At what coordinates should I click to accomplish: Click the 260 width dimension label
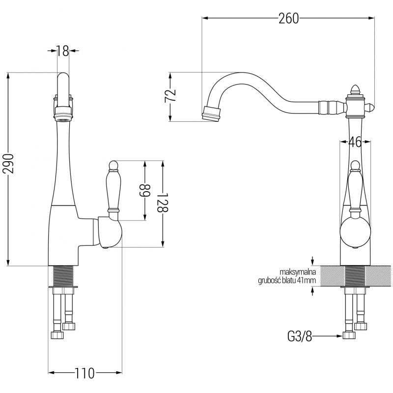click(x=289, y=19)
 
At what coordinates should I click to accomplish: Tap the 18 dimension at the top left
click(x=62, y=50)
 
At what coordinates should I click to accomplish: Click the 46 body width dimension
click(x=355, y=142)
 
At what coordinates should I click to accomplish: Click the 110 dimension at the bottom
click(x=85, y=373)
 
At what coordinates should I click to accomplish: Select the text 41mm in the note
click(x=306, y=281)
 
